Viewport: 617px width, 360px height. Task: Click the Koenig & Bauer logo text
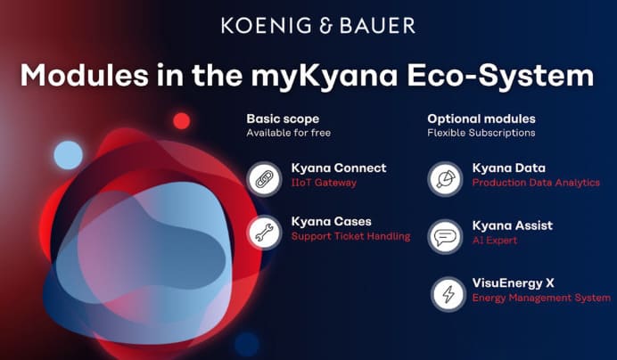coord(318,26)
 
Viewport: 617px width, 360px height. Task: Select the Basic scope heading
coord(283,119)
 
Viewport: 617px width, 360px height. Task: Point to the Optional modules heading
coord(481,119)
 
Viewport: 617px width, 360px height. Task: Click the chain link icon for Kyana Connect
coord(265,178)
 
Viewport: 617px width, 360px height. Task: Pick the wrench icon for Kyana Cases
coord(265,233)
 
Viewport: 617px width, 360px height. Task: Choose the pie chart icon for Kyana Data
coord(446,178)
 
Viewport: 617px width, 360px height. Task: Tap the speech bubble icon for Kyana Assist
coord(446,236)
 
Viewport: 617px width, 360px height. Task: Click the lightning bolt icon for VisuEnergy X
coord(448,294)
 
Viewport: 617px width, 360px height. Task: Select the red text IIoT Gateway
coord(324,183)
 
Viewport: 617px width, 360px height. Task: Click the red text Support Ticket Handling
coord(350,236)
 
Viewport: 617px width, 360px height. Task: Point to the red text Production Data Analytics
coord(536,183)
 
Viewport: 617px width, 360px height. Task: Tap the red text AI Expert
coord(495,241)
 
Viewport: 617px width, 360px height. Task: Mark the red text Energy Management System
coord(541,298)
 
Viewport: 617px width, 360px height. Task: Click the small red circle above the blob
coord(182,121)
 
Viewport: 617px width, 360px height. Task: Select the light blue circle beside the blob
coord(69,155)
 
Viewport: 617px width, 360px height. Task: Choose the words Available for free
coord(288,133)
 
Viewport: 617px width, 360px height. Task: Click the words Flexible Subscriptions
coord(481,133)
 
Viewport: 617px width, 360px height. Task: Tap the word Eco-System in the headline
coord(500,77)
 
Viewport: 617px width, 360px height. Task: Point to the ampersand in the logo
coord(325,26)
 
